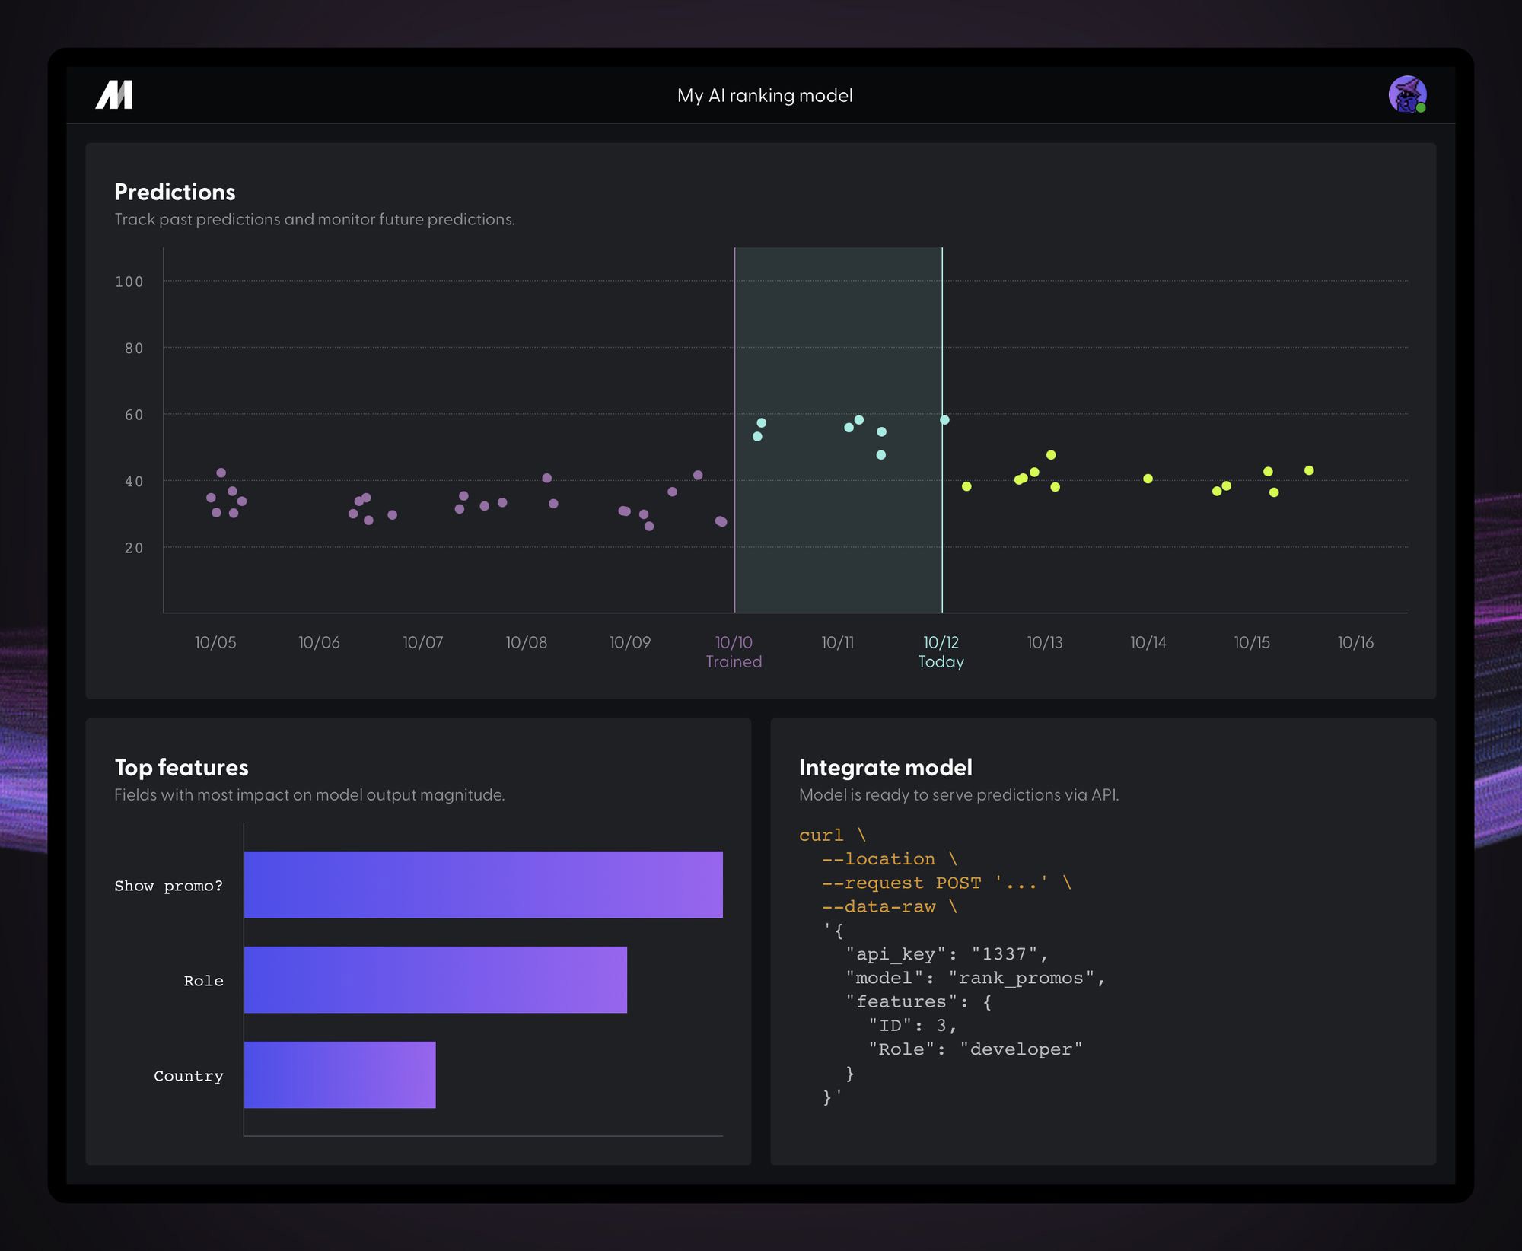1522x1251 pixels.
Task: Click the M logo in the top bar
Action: coord(114,95)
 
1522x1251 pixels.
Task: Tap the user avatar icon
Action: coord(1406,95)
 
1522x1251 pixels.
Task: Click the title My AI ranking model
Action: coord(765,96)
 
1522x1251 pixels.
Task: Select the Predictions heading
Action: coord(175,192)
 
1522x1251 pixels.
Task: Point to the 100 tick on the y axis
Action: coord(129,282)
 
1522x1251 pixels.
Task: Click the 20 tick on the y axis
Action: coord(134,548)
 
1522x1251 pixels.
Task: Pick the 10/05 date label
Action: coord(215,642)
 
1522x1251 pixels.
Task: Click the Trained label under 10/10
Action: coord(734,662)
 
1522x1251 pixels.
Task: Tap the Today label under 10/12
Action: coord(941,662)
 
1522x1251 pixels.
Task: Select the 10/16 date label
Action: coord(1355,642)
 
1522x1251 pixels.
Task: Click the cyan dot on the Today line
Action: coord(944,420)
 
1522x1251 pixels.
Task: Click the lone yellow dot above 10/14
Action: coord(1148,479)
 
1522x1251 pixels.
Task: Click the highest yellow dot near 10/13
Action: coord(1051,455)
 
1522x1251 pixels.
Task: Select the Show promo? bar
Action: coord(482,884)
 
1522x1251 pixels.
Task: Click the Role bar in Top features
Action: coord(435,979)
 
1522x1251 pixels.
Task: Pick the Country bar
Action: coord(339,1074)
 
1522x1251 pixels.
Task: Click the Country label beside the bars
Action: coord(189,1076)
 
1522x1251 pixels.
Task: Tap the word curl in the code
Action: coord(821,836)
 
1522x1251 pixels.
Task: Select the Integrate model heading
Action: coord(885,767)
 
